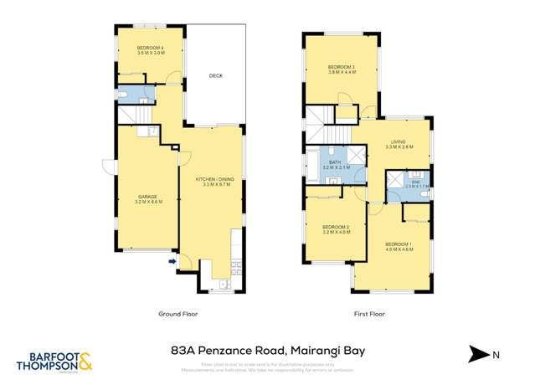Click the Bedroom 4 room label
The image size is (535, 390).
[x=150, y=49]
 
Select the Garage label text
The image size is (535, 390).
[x=147, y=199]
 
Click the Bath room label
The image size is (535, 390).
[x=334, y=165]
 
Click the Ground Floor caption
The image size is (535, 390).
[x=177, y=315]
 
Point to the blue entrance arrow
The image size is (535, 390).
[x=172, y=262]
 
